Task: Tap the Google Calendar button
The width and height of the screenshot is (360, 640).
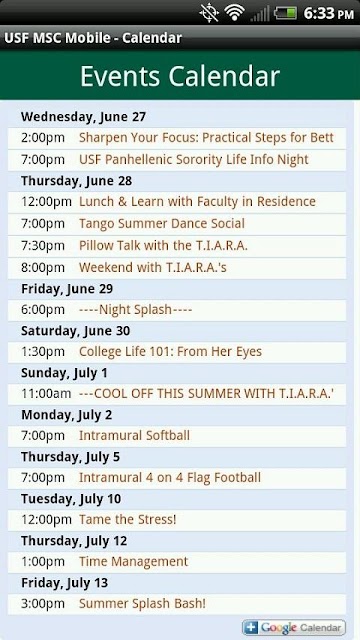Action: tap(293, 627)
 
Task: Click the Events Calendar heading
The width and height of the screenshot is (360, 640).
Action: tap(180, 76)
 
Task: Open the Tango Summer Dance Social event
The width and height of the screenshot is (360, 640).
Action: tap(162, 224)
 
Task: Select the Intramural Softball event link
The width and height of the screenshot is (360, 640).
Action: tap(134, 436)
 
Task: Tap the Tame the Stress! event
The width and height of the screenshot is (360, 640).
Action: tap(127, 520)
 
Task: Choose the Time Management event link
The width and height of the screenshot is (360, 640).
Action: tap(133, 562)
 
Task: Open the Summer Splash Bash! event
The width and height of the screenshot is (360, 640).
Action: tap(142, 604)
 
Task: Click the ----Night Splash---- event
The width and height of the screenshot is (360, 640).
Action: tap(135, 310)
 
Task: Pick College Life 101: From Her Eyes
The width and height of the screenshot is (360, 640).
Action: tap(170, 352)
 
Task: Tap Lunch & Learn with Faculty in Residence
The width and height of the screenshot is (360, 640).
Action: tap(197, 202)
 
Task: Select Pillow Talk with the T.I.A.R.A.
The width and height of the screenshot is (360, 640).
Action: tap(163, 246)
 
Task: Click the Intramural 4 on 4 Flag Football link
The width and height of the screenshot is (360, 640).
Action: tap(170, 478)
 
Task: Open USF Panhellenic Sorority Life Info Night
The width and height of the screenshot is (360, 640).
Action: tap(193, 160)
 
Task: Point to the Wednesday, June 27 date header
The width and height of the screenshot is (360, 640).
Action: tap(83, 117)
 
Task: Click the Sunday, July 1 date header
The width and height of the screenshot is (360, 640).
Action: tap(64, 373)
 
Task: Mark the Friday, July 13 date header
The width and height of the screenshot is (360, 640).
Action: tap(64, 583)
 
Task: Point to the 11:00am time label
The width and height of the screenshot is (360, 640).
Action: tap(46, 394)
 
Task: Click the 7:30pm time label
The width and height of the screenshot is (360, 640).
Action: tap(43, 246)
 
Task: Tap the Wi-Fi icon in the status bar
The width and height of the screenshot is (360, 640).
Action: tap(234, 13)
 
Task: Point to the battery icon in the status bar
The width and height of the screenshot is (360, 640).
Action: tap(285, 13)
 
